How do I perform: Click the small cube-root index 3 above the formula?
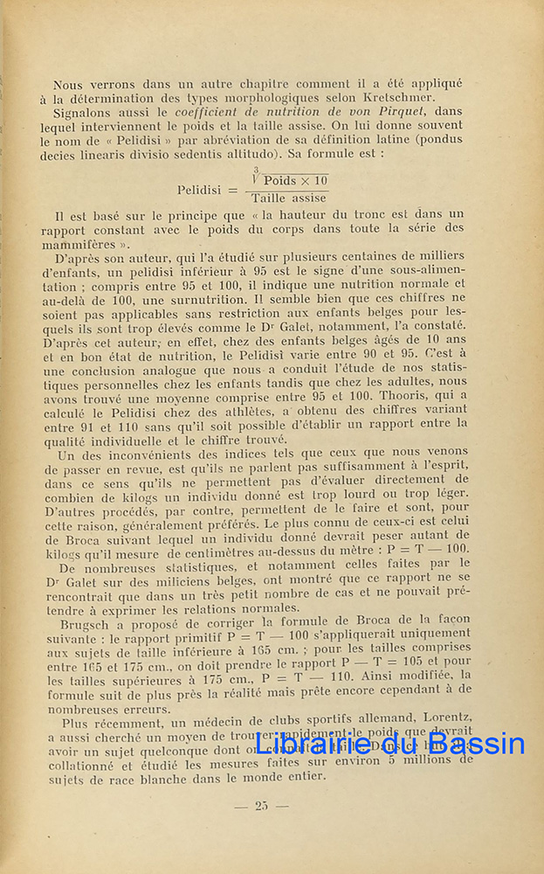pos(256,170)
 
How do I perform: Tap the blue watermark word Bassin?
pos(475,745)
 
